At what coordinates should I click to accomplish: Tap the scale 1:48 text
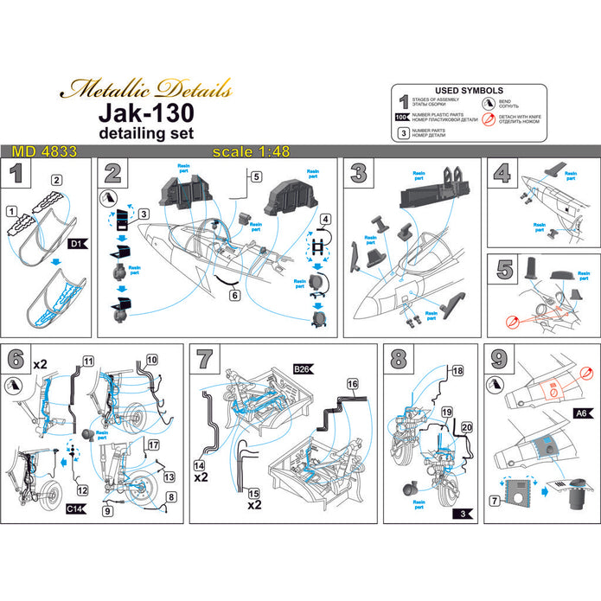point(240,151)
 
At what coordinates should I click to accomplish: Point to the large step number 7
point(205,358)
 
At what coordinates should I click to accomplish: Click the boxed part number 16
point(352,383)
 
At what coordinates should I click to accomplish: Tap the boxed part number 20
point(467,427)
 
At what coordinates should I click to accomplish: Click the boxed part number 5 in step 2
point(255,176)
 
